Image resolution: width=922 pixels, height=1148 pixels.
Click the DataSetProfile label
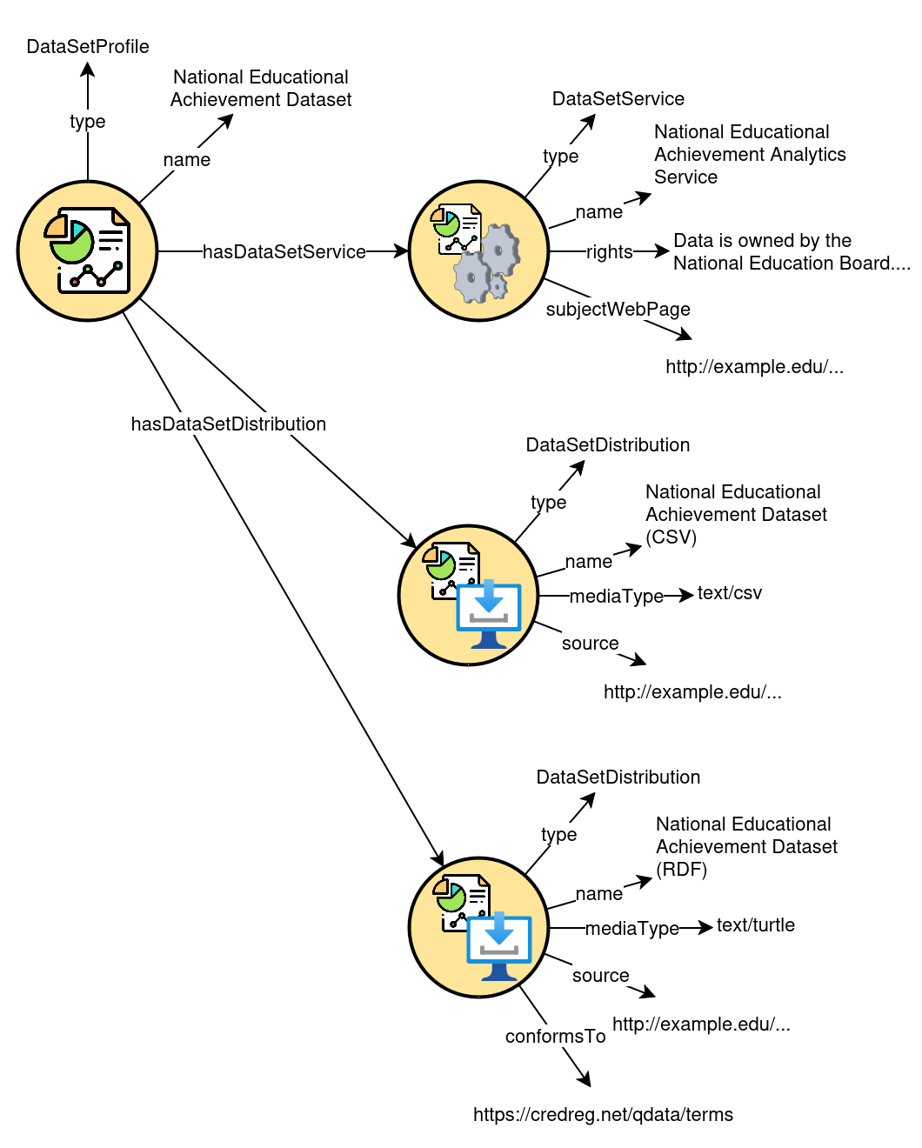click(x=88, y=47)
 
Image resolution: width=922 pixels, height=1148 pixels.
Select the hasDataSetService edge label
click(x=284, y=252)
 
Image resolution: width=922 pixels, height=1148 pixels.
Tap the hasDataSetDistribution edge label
click(x=229, y=424)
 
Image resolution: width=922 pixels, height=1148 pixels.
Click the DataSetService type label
click(x=618, y=99)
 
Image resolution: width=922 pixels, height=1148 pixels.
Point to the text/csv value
click(x=729, y=593)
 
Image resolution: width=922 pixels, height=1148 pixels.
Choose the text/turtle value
click(x=755, y=925)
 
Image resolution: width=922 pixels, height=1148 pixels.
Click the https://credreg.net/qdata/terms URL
click(x=603, y=1115)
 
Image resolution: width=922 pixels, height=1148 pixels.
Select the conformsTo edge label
click(x=555, y=1037)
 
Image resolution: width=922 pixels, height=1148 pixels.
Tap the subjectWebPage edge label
click(x=618, y=310)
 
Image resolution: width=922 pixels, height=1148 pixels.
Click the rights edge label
click(x=609, y=252)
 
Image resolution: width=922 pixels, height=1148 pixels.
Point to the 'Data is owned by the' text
click(x=762, y=241)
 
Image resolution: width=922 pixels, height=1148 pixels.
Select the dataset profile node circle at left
click(x=87, y=251)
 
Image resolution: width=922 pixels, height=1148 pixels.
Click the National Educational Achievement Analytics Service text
click(x=749, y=155)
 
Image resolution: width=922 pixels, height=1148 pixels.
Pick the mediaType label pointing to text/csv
click(x=616, y=597)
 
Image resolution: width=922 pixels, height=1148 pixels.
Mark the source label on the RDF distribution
click(x=600, y=976)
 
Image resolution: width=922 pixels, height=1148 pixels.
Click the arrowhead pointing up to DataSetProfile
click(x=88, y=70)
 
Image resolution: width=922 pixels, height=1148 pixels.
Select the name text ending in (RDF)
click(x=745, y=847)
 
